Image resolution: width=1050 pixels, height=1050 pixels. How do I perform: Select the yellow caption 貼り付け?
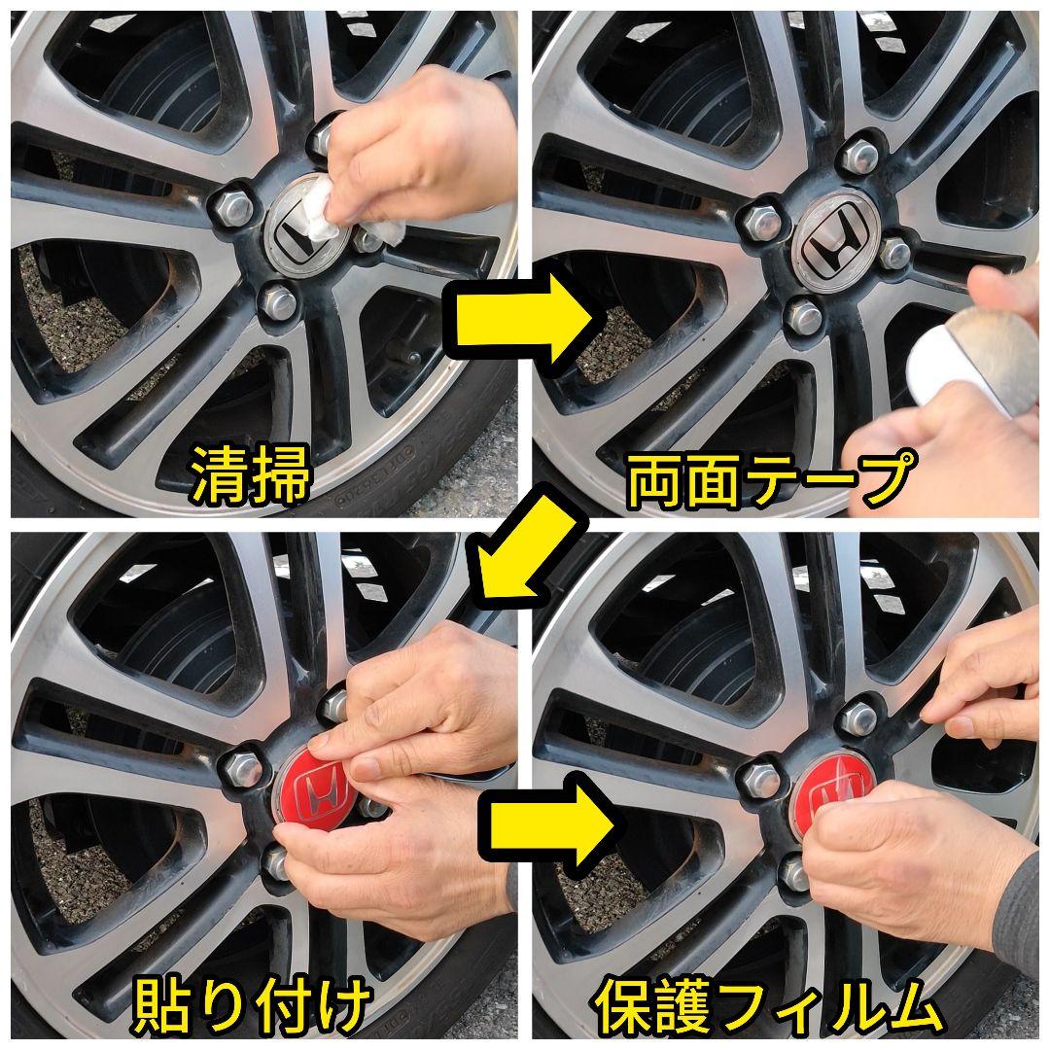pyautogui.click(x=250, y=1006)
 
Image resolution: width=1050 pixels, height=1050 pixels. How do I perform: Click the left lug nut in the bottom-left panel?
pyautogui.click(x=241, y=767)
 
